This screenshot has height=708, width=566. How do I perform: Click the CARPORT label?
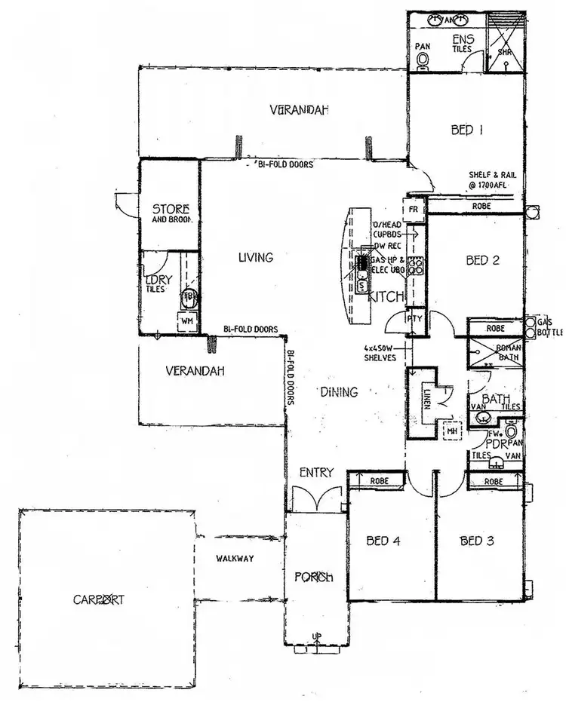pos(99,600)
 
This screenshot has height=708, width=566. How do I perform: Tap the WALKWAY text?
pos(234,559)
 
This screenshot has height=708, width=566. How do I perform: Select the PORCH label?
pos(313,578)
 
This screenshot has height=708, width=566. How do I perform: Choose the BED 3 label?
pos(477,541)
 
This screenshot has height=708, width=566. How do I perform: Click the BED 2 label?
pos(483,261)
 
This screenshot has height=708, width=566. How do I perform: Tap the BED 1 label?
pos(466,130)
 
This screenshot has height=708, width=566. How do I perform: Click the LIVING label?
pos(255,258)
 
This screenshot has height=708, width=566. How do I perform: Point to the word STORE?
pos(170,209)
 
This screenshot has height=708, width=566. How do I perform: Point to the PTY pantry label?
pos(416,319)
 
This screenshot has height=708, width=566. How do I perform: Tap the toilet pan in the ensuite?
pos(423,58)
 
